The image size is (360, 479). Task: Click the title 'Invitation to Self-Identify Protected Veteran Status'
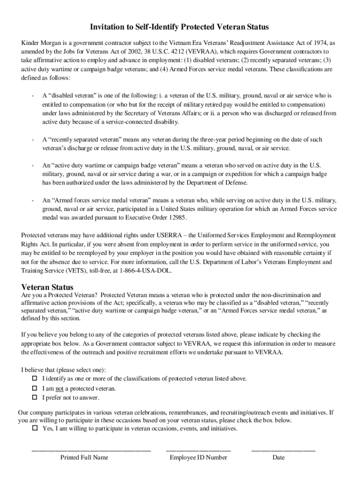[x=180, y=27]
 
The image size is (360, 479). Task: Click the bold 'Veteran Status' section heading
[x=47, y=287]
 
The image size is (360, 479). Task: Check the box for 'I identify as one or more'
[x=35, y=378]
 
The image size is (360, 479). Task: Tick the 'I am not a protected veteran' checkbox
[x=35, y=388]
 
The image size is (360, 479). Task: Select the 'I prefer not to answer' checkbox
[x=35, y=398]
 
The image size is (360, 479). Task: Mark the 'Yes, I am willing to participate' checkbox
[x=35, y=428]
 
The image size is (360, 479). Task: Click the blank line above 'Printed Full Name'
[x=91, y=450]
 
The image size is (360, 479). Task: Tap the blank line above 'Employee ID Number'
[x=198, y=450]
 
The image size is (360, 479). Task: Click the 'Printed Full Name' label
[x=84, y=457]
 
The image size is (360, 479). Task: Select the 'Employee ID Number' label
[x=198, y=457]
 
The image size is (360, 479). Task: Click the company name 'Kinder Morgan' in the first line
[x=43, y=42]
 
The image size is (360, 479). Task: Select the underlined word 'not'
[x=59, y=389]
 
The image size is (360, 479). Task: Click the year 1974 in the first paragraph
[x=321, y=42]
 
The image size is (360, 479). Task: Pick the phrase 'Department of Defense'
[x=218, y=182]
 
